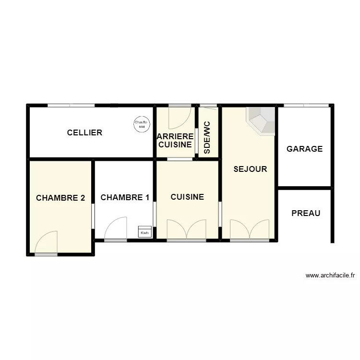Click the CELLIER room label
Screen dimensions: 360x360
84,132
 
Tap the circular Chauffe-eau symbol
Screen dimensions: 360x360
141,124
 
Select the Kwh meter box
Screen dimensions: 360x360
144,231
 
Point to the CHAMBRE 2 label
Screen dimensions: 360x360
60,197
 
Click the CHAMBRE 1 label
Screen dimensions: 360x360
125,197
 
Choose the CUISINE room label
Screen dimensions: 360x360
187,197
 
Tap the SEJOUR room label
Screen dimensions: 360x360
250,169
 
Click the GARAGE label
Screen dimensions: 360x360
304,149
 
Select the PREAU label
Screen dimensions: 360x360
306,213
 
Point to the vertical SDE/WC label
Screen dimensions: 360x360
207,137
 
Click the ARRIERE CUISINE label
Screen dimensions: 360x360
175,140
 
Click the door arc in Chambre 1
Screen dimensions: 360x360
116,228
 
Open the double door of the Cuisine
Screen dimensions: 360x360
186,229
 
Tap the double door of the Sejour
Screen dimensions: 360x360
250,229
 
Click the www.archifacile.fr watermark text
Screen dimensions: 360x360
330,276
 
